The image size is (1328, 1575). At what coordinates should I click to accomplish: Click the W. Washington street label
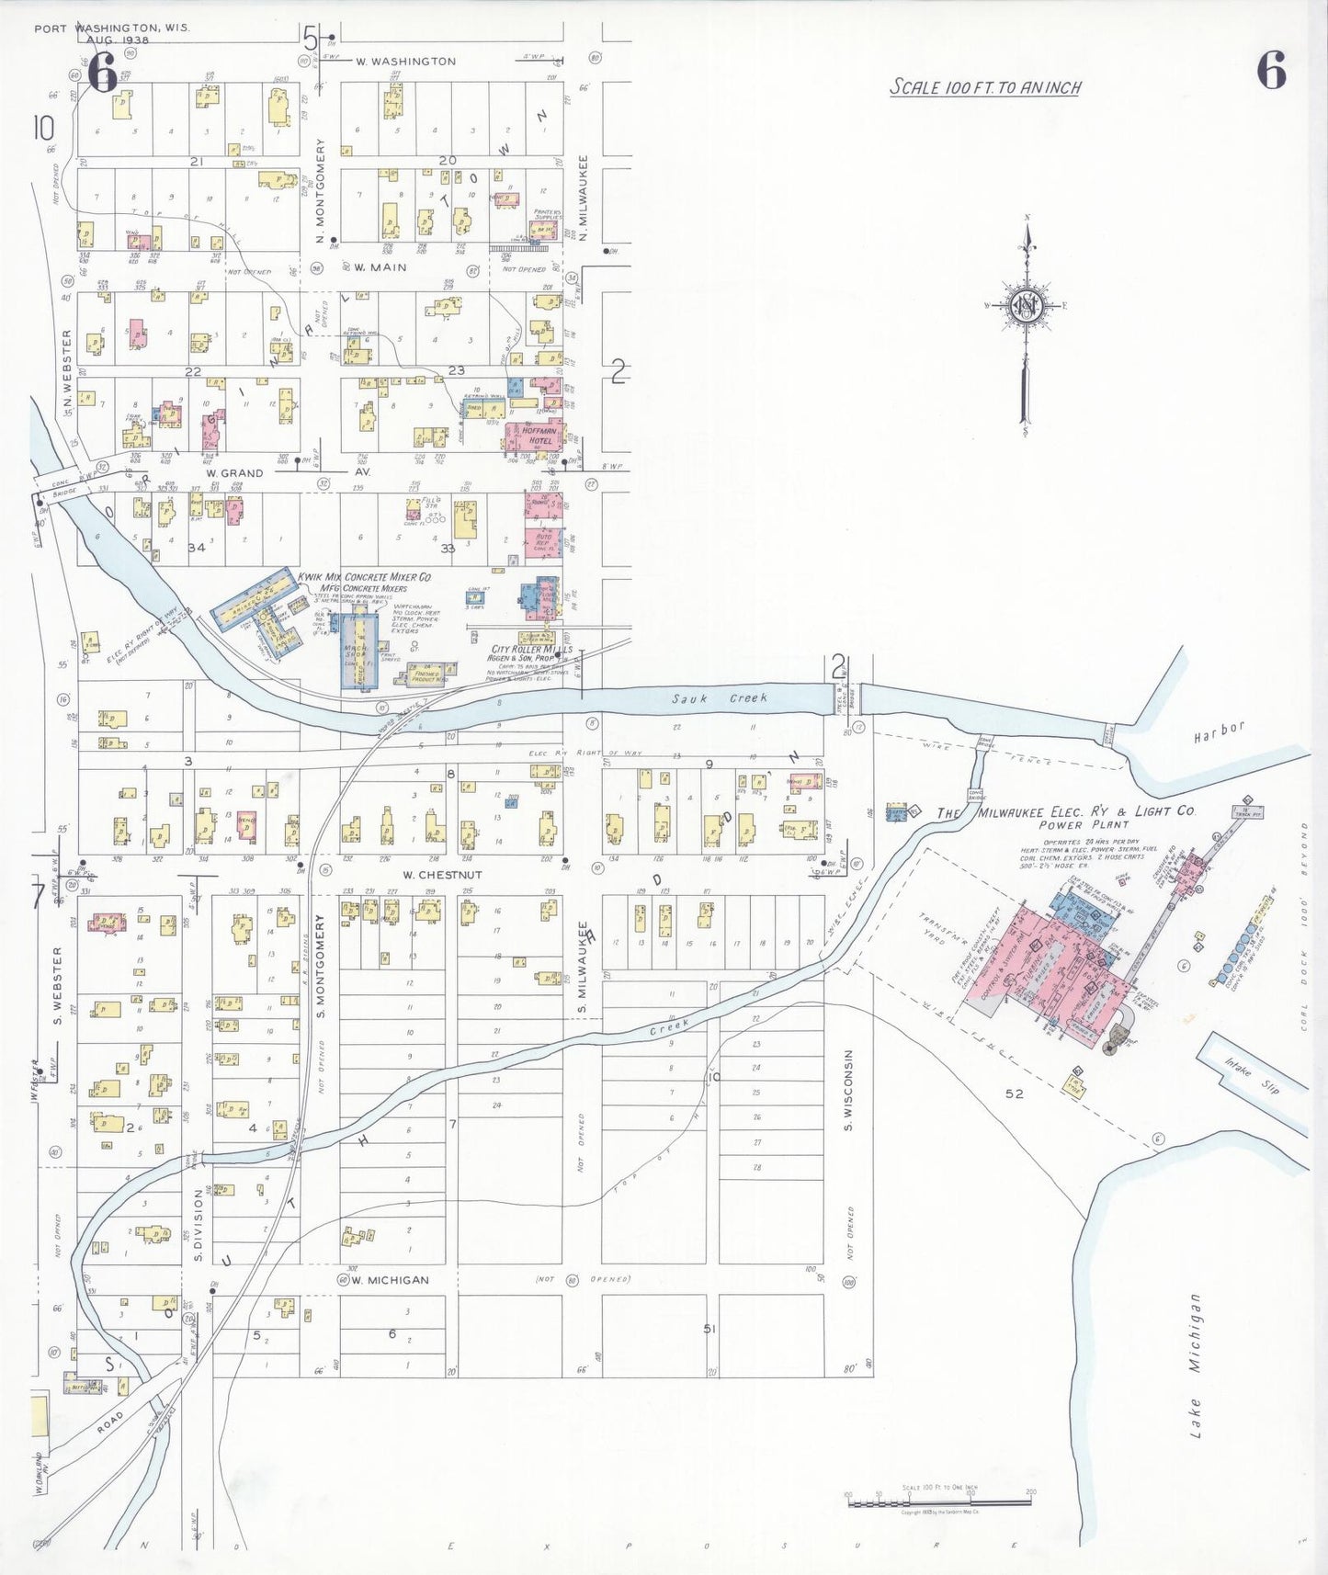click(405, 62)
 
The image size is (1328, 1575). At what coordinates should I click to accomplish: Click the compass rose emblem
click(1025, 307)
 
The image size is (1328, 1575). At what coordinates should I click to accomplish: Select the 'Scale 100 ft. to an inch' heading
click(984, 87)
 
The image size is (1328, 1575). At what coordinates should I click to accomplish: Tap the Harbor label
click(1219, 732)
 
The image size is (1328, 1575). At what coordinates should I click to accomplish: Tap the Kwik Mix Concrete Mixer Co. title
click(364, 577)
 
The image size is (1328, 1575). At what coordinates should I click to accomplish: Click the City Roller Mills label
click(531, 650)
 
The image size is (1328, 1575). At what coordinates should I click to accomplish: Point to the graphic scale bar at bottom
click(938, 1502)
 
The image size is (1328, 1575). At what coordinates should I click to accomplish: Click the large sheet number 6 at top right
click(1271, 71)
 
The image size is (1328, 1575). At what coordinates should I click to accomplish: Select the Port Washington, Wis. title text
click(111, 28)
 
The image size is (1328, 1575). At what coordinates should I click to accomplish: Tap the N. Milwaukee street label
click(583, 201)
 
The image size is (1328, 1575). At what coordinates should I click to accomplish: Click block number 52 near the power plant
click(1014, 1093)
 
